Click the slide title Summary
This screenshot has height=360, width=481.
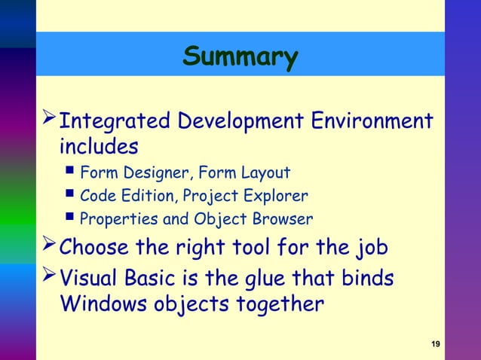[x=240, y=56]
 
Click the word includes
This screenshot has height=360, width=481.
[x=99, y=145]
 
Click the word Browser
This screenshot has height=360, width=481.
[x=282, y=220]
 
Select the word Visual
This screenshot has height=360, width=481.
[x=92, y=279]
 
